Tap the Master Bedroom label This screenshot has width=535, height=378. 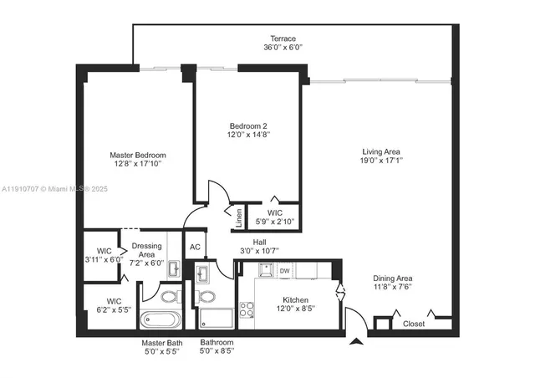138,155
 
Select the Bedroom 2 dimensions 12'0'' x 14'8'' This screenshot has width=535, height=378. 248,135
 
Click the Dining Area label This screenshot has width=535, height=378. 392,278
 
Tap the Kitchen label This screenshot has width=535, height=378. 295,300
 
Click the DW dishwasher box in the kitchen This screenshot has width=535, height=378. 284,270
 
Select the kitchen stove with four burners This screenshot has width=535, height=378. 247,310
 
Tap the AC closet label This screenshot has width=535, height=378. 195,247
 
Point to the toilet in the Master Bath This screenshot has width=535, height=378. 168,297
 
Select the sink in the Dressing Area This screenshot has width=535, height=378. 174,269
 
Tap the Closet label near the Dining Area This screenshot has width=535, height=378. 414,324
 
